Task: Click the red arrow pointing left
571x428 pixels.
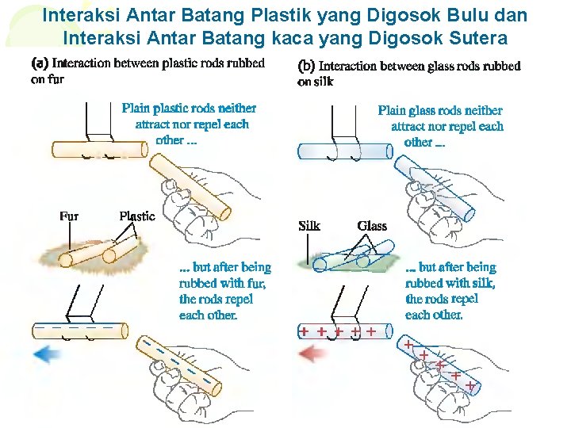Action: pyautogui.click(x=312, y=354)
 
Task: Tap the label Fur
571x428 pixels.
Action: pyautogui.click(x=69, y=216)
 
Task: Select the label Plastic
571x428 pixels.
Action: pyautogui.click(x=136, y=216)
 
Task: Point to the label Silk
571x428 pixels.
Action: pyautogui.click(x=309, y=226)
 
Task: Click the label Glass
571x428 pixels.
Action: pyautogui.click(x=372, y=226)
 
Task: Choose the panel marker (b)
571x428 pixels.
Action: pyautogui.click(x=306, y=66)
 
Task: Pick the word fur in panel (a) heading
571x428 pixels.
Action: pyautogui.click(x=56, y=78)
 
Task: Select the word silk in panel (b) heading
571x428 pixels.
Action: pyautogui.click(x=324, y=81)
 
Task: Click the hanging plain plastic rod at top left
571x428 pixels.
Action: pyautogui.click(x=99, y=149)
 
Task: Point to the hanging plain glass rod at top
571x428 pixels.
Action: pyautogui.click(x=345, y=151)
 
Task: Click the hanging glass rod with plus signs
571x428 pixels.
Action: pyautogui.click(x=345, y=331)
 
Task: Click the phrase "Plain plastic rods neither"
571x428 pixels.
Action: pyautogui.click(x=189, y=109)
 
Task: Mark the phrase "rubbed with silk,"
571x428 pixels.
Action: pyautogui.click(x=450, y=284)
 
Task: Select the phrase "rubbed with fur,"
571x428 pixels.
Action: pyautogui.click(x=223, y=284)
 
